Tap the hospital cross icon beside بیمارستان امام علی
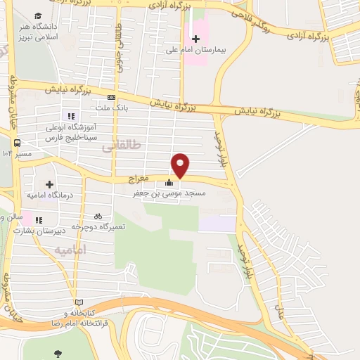(x=195, y=38)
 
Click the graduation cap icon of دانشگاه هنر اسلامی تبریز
(x=37, y=15)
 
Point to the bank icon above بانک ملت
(x=111, y=97)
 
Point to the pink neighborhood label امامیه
(x=70, y=250)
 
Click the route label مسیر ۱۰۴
(x=18, y=153)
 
